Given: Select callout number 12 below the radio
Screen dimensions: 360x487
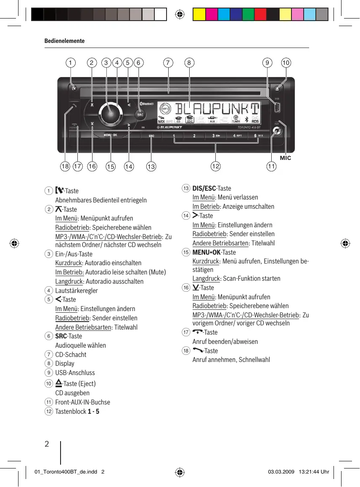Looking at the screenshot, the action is [x=216, y=167].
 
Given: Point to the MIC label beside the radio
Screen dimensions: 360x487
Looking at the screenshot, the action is [x=286, y=158].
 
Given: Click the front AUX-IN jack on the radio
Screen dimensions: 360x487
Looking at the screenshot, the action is [x=276, y=132].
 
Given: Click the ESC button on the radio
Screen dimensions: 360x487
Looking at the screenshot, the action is [x=151, y=136].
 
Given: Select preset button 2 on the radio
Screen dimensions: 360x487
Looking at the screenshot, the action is [x=194, y=136].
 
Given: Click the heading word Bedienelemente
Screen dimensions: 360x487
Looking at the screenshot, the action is [x=64, y=41].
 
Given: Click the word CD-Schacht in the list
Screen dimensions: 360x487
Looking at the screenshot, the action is [x=71, y=354].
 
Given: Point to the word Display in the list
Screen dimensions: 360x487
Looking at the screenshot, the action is [x=65, y=364].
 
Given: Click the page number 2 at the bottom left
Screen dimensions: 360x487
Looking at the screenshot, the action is [x=47, y=444].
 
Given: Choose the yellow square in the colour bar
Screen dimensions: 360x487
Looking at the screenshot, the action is [x=199, y=15].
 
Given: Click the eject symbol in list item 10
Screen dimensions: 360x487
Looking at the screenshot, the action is [x=59, y=383].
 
